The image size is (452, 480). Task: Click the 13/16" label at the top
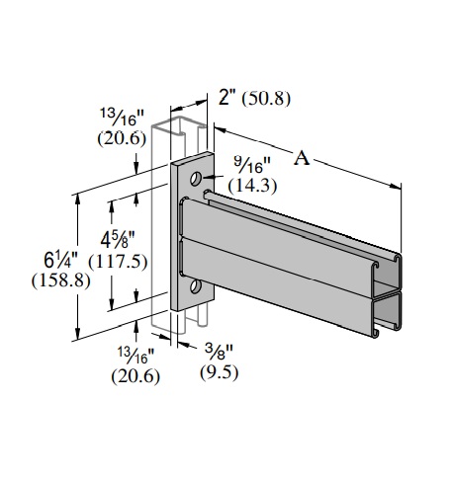tap(123, 120)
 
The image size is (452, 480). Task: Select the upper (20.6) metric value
tap(123, 138)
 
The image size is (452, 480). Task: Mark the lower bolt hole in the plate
tap(195, 286)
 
